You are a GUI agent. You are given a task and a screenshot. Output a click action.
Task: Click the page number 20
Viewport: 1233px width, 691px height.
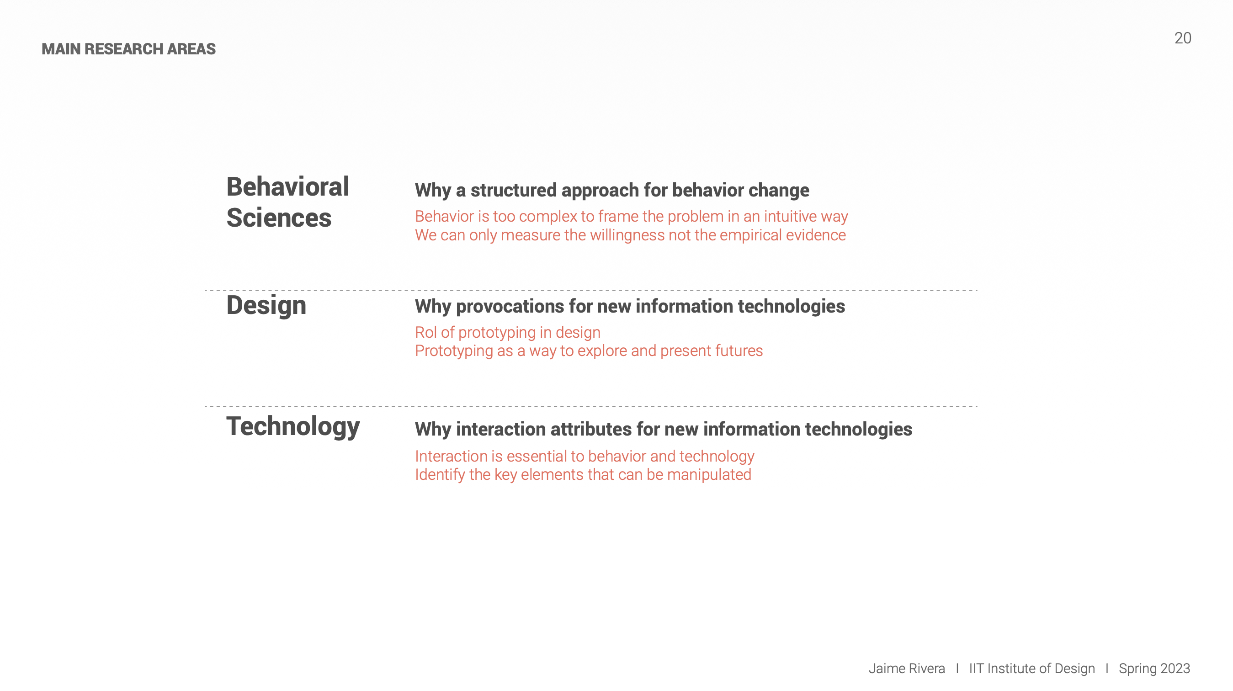point(1182,38)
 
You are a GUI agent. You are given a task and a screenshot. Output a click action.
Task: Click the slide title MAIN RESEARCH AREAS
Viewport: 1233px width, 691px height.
point(128,49)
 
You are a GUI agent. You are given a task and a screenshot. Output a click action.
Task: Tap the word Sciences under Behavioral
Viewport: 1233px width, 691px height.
point(279,218)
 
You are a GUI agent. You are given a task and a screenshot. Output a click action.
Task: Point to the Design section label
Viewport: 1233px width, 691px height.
point(266,306)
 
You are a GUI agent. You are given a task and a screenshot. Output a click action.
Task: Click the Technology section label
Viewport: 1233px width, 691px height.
point(293,427)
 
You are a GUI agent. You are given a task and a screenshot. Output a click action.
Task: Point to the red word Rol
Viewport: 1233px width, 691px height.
point(425,332)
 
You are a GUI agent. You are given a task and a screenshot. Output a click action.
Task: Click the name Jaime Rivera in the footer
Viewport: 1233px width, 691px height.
point(907,669)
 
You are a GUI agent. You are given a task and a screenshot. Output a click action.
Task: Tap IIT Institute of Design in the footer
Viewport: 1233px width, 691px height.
point(1032,669)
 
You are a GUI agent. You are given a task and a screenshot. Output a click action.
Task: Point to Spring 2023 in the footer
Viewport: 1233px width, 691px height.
point(1154,669)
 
